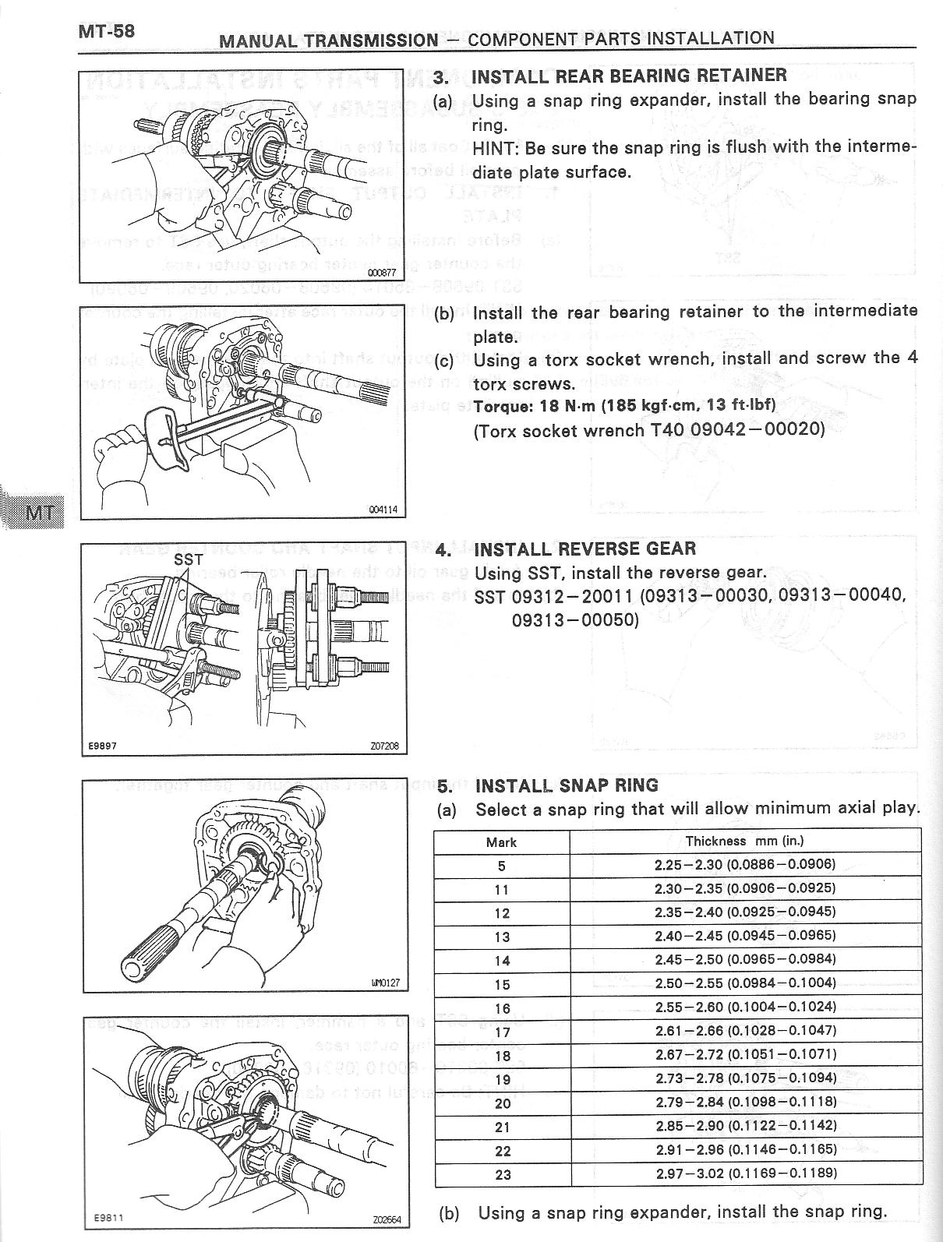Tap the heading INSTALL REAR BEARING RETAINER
pyautogui.click(x=629, y=76)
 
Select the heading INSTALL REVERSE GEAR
pyautogui.click(x=585, y=549)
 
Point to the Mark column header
pyautogui.click(x=501, y=842)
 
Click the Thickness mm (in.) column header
pyautogui.click(x=744, y=842)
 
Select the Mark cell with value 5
pyautogui.click(x=501, y=866)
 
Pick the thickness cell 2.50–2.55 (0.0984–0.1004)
pyautogui.click(x=744, y=983)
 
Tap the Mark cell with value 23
pyautogui.click(x=502, y=1174)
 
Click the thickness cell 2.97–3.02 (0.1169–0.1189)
pyautogui.click(x=744, y=1173)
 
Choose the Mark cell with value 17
pyautogui.click(x=502, y=1032)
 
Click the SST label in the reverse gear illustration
pyautogui.click(x=188, y=559)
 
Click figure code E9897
pyautogui.click(x=103, y=746)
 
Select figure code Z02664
pyautogui.click(x=384, y=1220)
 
